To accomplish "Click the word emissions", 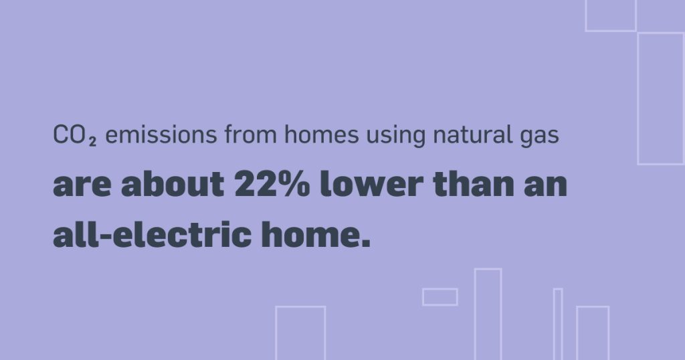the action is click(x=161, y=134).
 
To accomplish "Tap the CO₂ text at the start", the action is click(x=75, y=135).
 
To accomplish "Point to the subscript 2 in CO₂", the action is click(x=92, y=142).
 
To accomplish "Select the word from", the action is click(x=251, y=134).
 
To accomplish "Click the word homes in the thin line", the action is click(x=322, y=134).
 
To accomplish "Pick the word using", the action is click(x=396, y=136).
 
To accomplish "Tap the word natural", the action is click(x=472, y=134).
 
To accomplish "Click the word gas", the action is click(x=540, y=137).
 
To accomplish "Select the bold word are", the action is click(x=82, y=185).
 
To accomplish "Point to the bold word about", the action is click(x=173, y=183).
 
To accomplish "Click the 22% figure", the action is click(x=272, y=183).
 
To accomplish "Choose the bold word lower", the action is click(x=371, y=183).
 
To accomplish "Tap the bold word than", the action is click(x=474, y=183).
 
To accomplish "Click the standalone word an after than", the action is click(x=546, y=185).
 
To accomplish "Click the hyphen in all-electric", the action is click(x=106, y=236).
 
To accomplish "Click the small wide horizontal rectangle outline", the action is click(x=440, y=289).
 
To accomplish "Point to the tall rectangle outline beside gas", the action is click(x=638, y=99).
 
